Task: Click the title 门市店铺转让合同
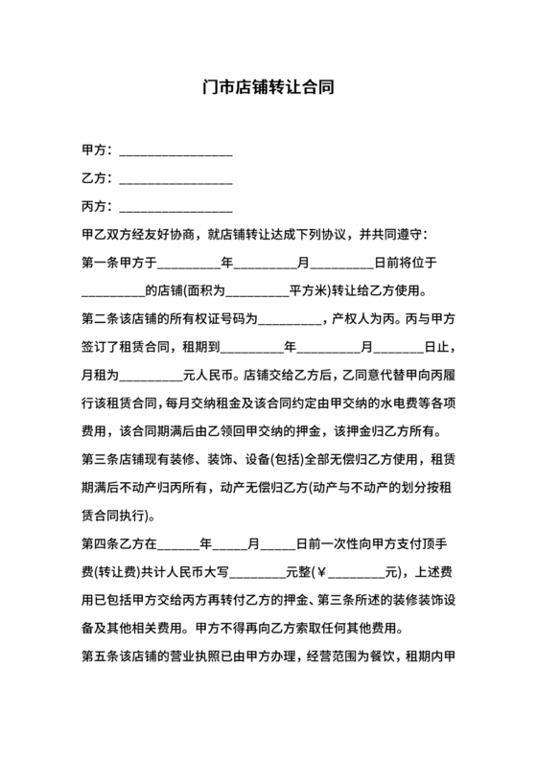[268, 86]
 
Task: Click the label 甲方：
[98, 150]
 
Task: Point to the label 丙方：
[98, 206]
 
